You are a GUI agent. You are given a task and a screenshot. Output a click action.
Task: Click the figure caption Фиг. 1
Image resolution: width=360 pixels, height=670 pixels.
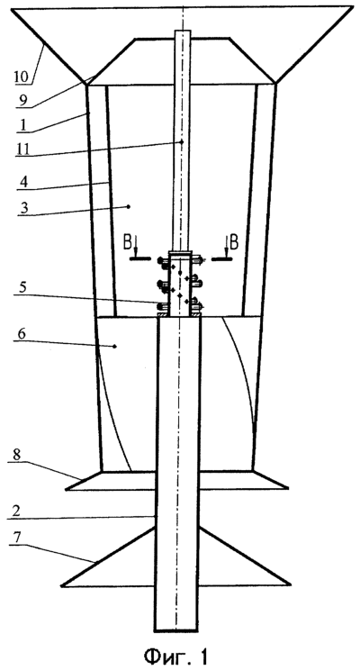point(176,655)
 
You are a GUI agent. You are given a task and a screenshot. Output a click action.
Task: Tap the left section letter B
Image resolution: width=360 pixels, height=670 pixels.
point(127,243)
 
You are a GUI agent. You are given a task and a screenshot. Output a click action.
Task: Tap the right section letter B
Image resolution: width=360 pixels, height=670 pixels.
point(233,243)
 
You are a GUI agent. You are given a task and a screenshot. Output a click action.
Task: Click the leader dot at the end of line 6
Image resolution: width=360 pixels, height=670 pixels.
point(115,347)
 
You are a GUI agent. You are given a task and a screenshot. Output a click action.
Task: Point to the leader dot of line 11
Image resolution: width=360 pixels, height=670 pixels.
point(182,141)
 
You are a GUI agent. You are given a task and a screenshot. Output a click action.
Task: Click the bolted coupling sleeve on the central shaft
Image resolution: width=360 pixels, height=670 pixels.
point(180,284)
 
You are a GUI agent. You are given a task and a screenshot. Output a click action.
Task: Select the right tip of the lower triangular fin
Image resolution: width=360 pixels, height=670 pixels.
point(292,585)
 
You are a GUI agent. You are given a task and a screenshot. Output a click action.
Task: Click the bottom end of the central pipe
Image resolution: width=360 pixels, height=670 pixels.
point(175,630)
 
